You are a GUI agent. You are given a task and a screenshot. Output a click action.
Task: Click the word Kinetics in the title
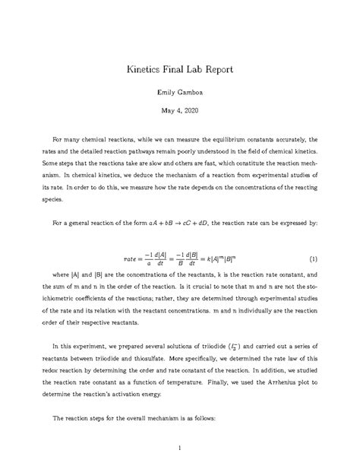tap(147, 69)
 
